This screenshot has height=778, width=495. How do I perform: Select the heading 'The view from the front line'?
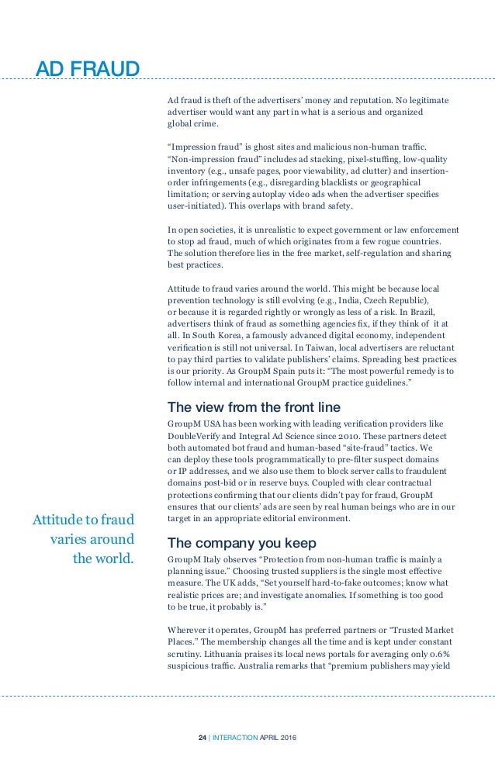tap(254, 407)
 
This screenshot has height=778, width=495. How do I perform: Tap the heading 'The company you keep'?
tap(243, 541)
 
